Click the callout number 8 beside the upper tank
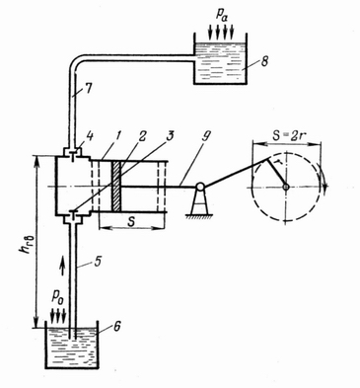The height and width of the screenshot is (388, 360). (264, 62)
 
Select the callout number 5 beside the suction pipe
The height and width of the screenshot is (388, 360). (98, 262)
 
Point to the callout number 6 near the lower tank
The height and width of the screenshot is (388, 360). (116, 326)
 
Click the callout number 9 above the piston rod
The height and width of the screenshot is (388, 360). (205, 135)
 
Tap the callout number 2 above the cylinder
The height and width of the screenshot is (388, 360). (143, 136)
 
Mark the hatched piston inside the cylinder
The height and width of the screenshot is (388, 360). (116, 187)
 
